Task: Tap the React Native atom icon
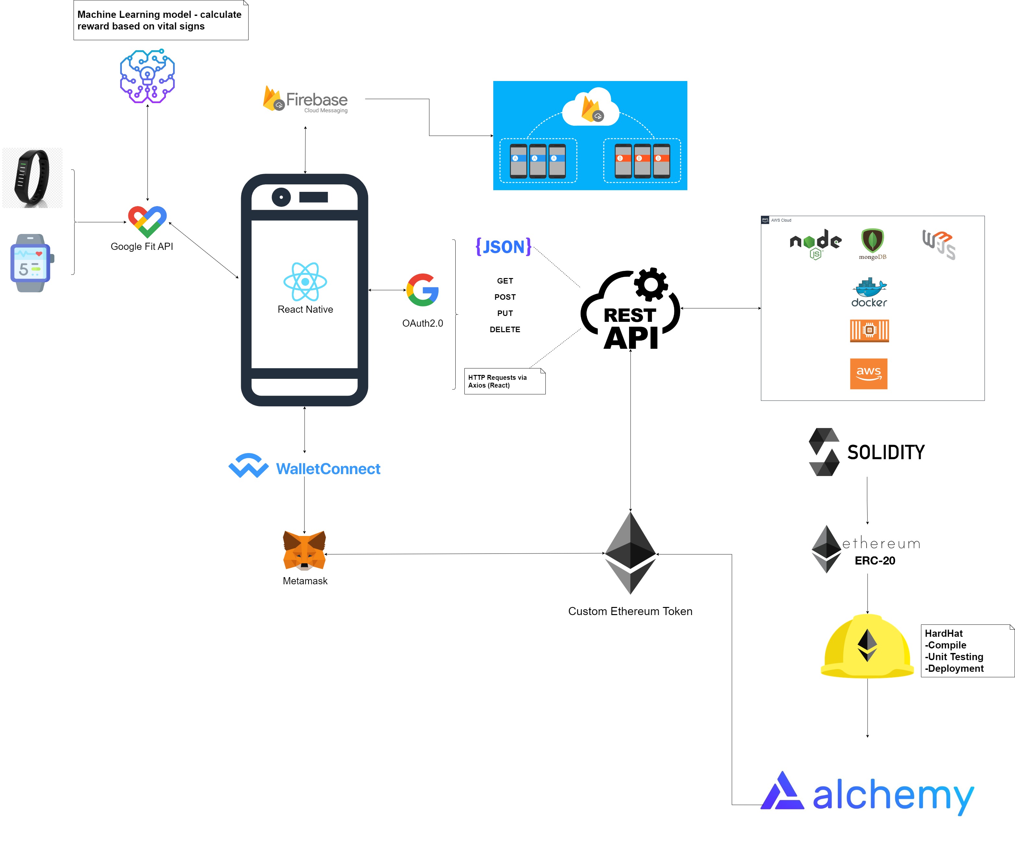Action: pos(305,282)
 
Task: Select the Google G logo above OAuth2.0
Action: pos(423,290)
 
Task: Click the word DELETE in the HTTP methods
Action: pos(505,330)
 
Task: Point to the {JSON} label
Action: pos(503,247)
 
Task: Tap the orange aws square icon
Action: pos(869,374)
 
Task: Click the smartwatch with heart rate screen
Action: pos(31,263)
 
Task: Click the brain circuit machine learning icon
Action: pos(147,76)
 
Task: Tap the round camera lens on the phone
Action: pos(281,197)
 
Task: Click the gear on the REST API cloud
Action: pos(650,285)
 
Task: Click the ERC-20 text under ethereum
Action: pos(874,561)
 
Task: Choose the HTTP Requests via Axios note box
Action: pos(504,381)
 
